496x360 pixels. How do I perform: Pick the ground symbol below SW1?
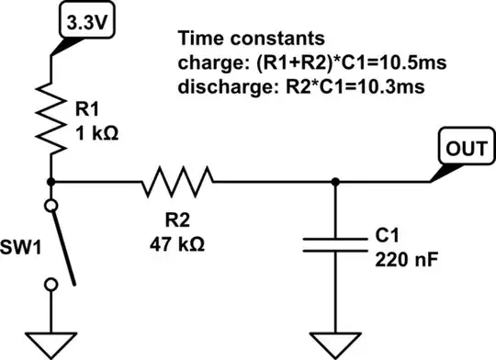(49, 342)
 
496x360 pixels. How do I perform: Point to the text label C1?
(386, 236)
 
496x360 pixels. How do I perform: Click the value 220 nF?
(404, 258)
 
